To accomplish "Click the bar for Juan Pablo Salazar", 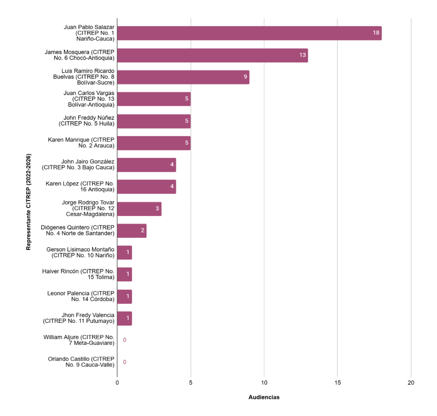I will tap(249, 33).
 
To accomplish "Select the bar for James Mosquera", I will tap(213, 55).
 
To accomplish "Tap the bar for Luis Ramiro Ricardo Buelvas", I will tap(183, 77).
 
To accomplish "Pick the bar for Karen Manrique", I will tap(154, 143).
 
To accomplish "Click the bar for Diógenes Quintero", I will tap(131, 231).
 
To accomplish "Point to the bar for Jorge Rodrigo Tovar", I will tap(139, 209).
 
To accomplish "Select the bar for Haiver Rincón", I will tap(124, 274).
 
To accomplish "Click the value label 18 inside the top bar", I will tap(376, 33).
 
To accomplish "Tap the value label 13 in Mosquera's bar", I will tap(303, 55).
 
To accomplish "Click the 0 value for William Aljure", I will tap(125, 340).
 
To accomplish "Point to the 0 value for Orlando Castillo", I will tap(125, 362).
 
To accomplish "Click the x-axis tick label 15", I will tap(338, 383).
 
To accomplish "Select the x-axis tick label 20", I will tap(411, 383).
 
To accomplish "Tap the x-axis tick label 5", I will tap(191, 383).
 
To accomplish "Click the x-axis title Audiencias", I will tap(264, 397).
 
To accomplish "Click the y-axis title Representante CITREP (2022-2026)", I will tap(29, 202).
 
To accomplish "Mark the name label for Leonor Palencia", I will tap(81, 296).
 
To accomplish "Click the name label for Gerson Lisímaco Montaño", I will tap(81, 252).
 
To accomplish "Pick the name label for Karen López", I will tap(80, 187).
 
